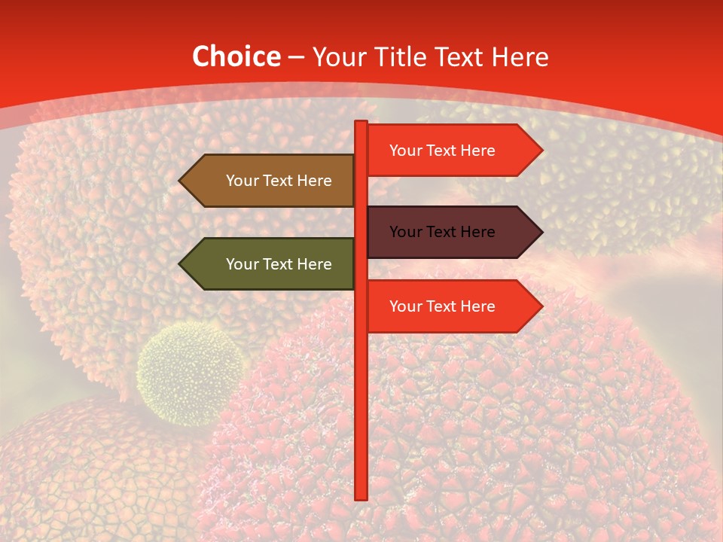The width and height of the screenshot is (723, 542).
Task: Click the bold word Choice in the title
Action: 236,56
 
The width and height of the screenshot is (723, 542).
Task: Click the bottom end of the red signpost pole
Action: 361,496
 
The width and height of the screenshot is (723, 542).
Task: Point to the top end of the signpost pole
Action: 361,123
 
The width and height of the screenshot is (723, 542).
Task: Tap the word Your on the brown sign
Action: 242,181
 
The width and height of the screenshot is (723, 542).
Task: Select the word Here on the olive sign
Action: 314,264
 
